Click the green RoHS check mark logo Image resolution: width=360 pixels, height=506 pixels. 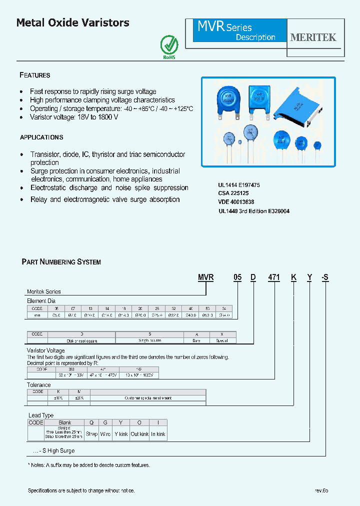pyautogui.click(x=168, y=45)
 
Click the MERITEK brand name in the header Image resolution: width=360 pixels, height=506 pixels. pyautogui.click(x=313, y=37)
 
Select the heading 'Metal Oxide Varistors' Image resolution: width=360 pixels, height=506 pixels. pyautogui.click(x=73, y=23)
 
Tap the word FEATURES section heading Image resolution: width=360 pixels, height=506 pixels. pyautogui.click(x=35, y=75)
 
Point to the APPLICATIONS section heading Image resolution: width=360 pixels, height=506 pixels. pyautogui.click(x=41, y=137)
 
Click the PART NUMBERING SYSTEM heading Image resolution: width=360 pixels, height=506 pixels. pyautogui.click(x=61, y=262)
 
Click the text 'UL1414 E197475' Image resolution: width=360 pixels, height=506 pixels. pyautogui.click(x=239, y=185)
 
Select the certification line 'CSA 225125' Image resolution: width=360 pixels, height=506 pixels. pyautogui.click(x=233, y=193)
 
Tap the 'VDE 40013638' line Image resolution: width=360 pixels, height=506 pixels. pyautogui.click(x=236, y=202)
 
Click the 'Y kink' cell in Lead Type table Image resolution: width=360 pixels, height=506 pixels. pyautogui.click(x=121, y=434)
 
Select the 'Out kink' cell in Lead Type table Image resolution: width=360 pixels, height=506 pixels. pyautogui.click(x=139, y=434)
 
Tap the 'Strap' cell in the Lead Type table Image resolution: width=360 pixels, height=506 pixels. pyautogui.click(x=91, y=434)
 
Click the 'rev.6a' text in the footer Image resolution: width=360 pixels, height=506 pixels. pyautogui.click(x=321, y=490)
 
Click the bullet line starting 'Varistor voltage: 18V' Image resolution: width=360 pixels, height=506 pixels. pyautogui.click(x=74, y=117)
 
